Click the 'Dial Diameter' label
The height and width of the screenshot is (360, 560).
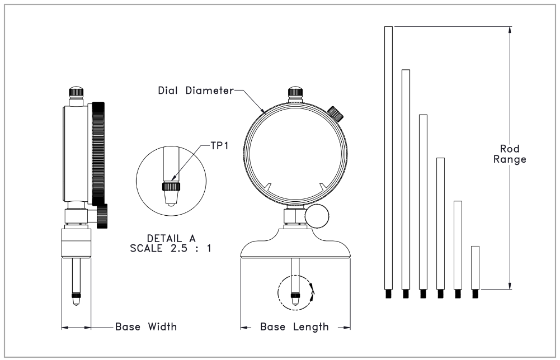tap(196, 91)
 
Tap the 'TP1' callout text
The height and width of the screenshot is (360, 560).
tap(219, 145)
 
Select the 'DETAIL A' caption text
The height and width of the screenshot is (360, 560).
tap(171, 238)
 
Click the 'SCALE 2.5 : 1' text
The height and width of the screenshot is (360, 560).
tap(171, 248)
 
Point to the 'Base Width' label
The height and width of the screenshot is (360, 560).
tap(145, 326)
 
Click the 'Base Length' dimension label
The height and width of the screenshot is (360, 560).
tap(294, 326)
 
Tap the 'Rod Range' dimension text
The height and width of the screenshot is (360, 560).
tap(510, 154)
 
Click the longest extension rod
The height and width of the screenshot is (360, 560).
tap(389, 158)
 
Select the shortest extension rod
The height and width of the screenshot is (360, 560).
tap(475, 268)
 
